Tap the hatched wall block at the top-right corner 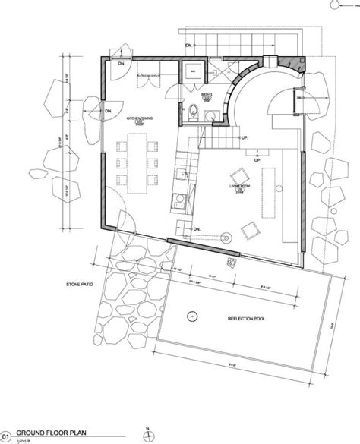pyautogui.click(x=292, y=67)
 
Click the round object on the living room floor pyautogui.click(x=226, y=238)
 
